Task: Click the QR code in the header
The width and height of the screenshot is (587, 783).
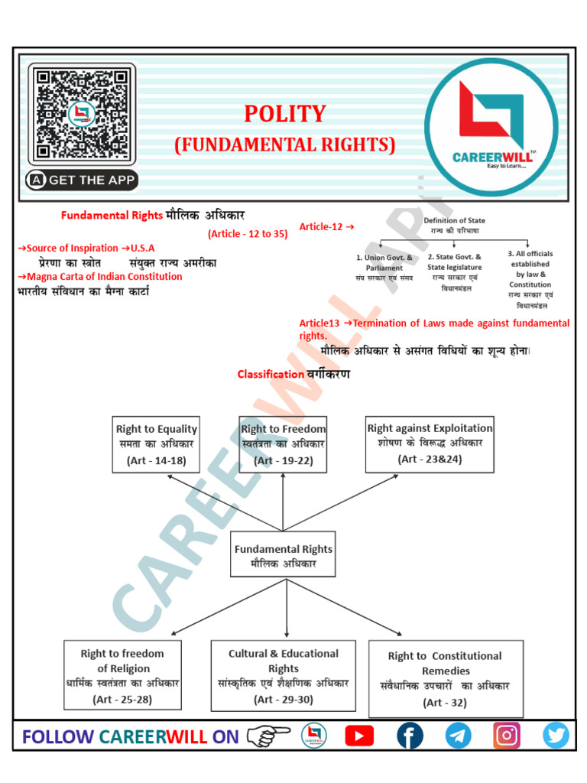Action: [x=79, y=114]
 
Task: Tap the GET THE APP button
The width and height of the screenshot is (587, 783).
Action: [x=82, y=180]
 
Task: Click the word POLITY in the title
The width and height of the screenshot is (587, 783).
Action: [x=284, y=114]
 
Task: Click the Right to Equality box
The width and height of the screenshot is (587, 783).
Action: [x=157, y=445]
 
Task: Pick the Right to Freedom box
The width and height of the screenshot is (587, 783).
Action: [x=283, y=445]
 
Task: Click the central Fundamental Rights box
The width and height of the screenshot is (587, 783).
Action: [x=283, y=556]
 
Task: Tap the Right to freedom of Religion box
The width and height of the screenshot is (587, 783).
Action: [x=122, y=676]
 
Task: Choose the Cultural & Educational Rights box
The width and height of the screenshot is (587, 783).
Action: [x=283, y=676]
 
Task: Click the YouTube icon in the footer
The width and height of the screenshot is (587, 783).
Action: [x=359, y=736]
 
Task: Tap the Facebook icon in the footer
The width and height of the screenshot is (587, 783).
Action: [x=410, y=736]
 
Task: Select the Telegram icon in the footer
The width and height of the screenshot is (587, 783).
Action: [x=458, y=736]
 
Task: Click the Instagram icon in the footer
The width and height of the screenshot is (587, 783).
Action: [x=506, y=736]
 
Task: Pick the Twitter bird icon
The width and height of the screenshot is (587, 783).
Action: [x=556, y=736]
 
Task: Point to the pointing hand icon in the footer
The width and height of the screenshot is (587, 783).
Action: [x=270, y=736]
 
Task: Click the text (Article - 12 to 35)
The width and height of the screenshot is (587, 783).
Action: [x=248, y=234]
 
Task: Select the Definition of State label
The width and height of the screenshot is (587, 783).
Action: [x=454, y=220]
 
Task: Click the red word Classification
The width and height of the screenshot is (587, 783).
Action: [x=271, y=374]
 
